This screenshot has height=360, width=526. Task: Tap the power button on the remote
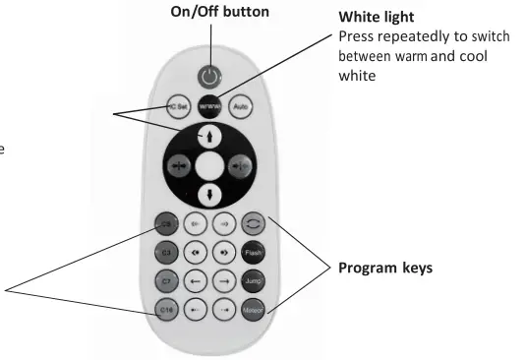pos(208,76)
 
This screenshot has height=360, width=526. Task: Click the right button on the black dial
pos(238,164)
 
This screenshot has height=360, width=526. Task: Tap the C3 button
pos(167,253)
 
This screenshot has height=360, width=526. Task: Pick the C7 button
pos(167,282)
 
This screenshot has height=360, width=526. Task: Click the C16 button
pos(167,311)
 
